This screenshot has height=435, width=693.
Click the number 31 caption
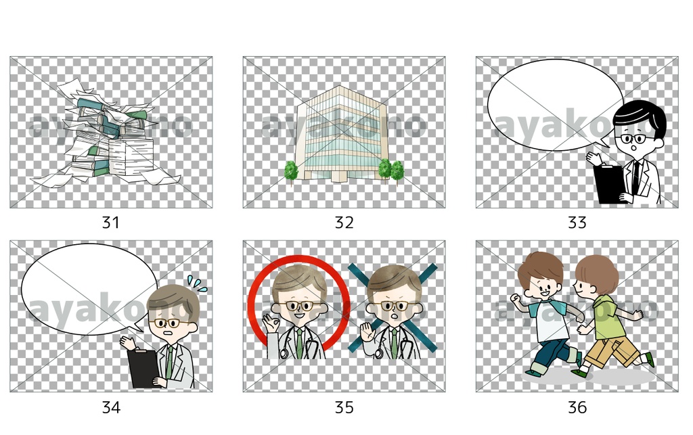click(110, 222)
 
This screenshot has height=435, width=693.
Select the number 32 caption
click(344, 222)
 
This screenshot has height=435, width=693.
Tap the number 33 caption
click(577, 222)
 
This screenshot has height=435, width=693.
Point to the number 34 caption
click(111, 407)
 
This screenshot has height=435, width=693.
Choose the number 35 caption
click(344, 407)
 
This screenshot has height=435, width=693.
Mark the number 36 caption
click(577, 407)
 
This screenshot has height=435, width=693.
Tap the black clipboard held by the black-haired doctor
click(609, 183)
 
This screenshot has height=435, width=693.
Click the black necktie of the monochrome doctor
click(636, 177)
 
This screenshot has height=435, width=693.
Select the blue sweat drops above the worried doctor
click(197, 283)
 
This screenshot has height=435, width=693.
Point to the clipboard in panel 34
click(143, 369)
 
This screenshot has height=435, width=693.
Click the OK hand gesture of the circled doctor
click(270, 323)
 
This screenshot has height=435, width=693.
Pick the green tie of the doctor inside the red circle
click(299, 343)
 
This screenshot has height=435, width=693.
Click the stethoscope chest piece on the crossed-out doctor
click(379, 354)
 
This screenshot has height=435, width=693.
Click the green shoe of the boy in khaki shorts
click(649, 359)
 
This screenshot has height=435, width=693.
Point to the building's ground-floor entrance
click(339, 176)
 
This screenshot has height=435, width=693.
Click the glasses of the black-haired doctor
click(633, 139)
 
